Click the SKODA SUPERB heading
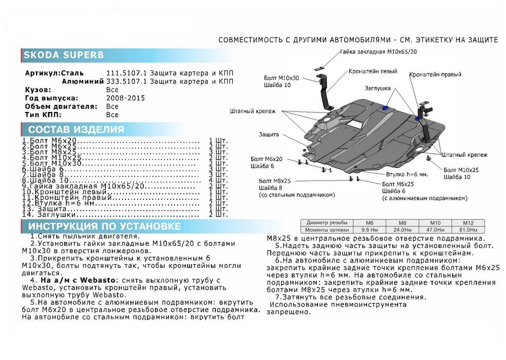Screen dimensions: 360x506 (x=64, y=55)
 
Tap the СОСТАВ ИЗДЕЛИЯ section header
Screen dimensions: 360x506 (x=76, y=129)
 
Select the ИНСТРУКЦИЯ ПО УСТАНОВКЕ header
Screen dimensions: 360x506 (x=104, y=226)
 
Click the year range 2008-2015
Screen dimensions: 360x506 (x=125, y=98)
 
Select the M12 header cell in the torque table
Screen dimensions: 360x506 (x=468, y=223)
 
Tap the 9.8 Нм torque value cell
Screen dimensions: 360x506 (x=369, y=230)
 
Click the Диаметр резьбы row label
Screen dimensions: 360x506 (x=327, y=223)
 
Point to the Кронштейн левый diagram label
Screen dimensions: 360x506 (x=373, y=71)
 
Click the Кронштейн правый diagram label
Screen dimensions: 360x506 (x=435, y=75)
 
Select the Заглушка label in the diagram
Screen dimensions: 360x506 (x=378, y=88)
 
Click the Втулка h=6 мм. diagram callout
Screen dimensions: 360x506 (x=407, y=175)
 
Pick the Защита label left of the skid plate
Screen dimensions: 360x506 (x=269, y=134)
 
